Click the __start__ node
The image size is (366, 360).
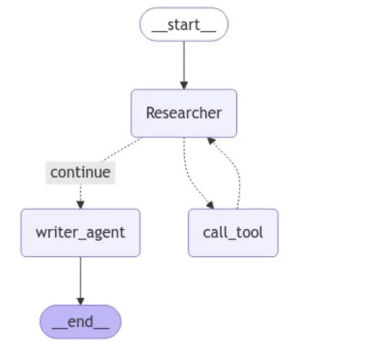184,24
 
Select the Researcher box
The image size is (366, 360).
184,113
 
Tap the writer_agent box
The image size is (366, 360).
81,233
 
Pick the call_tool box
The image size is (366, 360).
233,233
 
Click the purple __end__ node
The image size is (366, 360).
81,322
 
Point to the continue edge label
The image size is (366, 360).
81,172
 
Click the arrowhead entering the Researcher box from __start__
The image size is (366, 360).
184,85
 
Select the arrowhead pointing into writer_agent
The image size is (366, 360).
81,205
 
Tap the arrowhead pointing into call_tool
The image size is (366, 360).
210,205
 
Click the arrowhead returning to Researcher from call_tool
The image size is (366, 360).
211,141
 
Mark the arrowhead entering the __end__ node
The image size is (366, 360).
81,301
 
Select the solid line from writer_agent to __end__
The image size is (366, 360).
81,277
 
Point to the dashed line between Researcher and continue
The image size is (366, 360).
121,149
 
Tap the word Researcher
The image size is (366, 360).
184,113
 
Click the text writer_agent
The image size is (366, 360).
81,233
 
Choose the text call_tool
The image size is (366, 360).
233,233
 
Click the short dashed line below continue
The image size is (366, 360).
81,193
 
